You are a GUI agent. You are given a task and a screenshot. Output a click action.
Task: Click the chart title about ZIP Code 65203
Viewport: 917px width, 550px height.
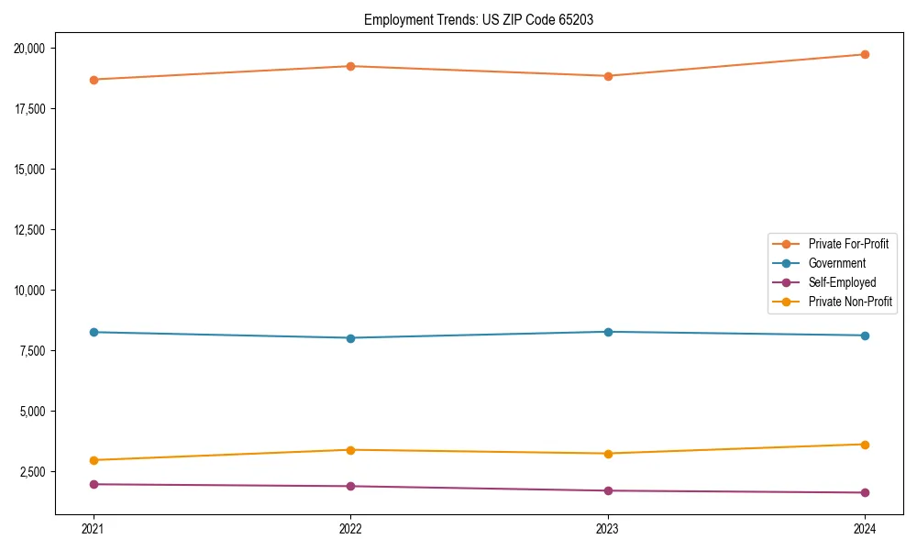tap(478, 20)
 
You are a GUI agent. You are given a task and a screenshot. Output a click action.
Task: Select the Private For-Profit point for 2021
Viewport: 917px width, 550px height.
tap(94, 80)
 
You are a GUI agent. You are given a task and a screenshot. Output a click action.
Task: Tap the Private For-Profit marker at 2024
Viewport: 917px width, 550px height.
tap(865, 54)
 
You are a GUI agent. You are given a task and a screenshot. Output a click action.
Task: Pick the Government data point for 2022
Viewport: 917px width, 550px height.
tap(350, 338)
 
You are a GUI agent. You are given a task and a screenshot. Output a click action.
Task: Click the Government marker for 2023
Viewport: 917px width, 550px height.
tap(608, 332)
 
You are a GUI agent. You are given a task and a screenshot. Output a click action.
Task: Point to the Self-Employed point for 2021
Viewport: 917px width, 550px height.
tap(94, 484)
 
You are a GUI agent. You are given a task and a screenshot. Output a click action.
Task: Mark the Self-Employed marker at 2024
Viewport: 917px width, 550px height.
tap(865, 493)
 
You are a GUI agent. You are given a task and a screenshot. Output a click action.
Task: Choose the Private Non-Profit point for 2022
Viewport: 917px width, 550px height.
tap(350, 450)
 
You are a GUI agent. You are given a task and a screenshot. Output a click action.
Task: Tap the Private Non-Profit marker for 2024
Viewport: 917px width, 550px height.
tap(865, 445)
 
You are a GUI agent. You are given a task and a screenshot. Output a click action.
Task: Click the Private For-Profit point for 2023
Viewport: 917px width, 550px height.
tap(608, 76)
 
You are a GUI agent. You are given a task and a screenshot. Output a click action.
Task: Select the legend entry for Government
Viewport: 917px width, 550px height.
tap(836, 263)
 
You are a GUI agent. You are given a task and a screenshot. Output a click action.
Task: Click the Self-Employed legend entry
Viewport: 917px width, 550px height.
tap(842, 282)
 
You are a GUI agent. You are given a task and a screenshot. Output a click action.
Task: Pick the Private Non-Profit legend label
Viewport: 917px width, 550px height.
tap(850, 302)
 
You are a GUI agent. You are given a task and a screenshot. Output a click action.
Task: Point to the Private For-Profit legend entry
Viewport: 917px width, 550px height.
tap(848, 244)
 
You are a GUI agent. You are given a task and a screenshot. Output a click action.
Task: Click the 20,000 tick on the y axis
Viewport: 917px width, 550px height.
tap(35, 49)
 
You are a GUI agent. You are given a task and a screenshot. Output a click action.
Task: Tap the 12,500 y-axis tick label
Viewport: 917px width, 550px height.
tap(35, 230)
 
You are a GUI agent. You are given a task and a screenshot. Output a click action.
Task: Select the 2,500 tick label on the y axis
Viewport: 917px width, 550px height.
tap(38, 472)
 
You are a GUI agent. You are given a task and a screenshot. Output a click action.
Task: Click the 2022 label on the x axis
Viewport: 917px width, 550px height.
tap(350, 528)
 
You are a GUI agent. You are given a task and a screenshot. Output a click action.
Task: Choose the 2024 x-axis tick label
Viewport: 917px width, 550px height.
tap(865, 528)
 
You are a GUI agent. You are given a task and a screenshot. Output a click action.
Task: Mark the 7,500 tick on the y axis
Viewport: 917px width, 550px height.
tap(38, 351)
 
